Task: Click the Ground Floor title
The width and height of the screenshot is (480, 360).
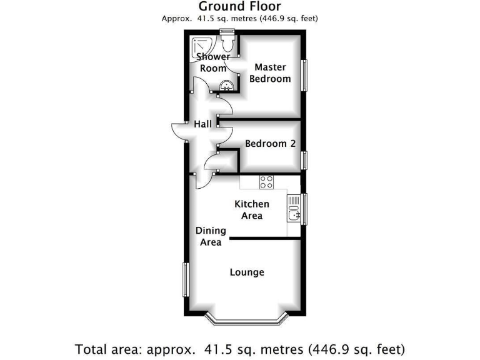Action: pyautogui.click(x=239, y=6)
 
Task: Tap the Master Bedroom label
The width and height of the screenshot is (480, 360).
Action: pyautogui.click(x=270, y=72)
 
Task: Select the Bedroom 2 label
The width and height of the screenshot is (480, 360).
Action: pyautogui.click(x=270, y=144)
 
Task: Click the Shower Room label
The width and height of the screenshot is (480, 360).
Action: pyautogui.click(x=213, y=62)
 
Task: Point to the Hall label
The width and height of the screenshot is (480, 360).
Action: pyautogui.click(x=202, y=124)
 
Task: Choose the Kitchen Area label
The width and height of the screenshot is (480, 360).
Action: pyautogui.click(x=251, y=209)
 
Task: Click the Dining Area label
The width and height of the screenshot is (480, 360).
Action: pyautogui.click(x=211, y=236)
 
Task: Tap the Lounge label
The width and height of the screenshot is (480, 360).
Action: pyautogui.click(x=247, y=272)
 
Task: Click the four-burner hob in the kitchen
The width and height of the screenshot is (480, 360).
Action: pyautogui.click(x=267, y=182)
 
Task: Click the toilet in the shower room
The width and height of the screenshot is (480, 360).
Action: pyautogui.click(x=227, y=44)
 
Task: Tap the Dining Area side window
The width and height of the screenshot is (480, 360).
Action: pyautogui.click(x=185, y=280)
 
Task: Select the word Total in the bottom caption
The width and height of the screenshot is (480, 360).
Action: pyautogui.click(x=92, y=348)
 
